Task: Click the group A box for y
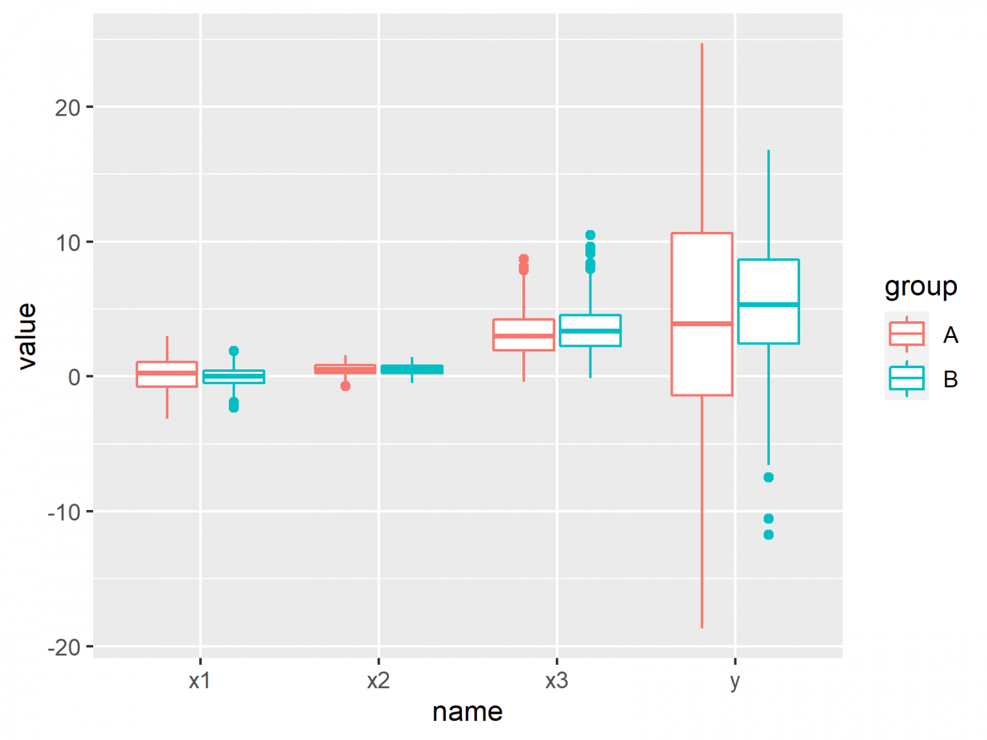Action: click(x=702, y=314)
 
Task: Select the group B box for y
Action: click(x=769, y=301)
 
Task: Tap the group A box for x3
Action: click(x=524, y=335)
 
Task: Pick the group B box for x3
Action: click(x=590, y=330)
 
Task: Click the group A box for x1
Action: click(x=167, y=374)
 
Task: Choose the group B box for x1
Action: click(x=234, y=376)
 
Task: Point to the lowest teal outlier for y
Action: click(x=769, y=534)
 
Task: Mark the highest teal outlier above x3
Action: click(x=590, y=235)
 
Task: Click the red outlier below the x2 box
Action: click(x=346, y=386)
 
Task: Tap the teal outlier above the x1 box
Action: click(x=234, y=351)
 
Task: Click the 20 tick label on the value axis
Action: click(x=67, y=108)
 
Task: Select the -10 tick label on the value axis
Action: click(x=64, y=513)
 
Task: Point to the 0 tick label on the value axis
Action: click(x=75, y=377)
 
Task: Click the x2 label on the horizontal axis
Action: click(x=378, y=681)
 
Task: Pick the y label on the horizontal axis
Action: click(x=735, y=681)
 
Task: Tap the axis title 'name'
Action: click(x=467, y=712)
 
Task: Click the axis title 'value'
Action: click(x=27, y=336)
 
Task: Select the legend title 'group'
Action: click(x=921, y=286)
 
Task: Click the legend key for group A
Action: click(x=907, y=334)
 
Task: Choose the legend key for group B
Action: click(x=907, y=378)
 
